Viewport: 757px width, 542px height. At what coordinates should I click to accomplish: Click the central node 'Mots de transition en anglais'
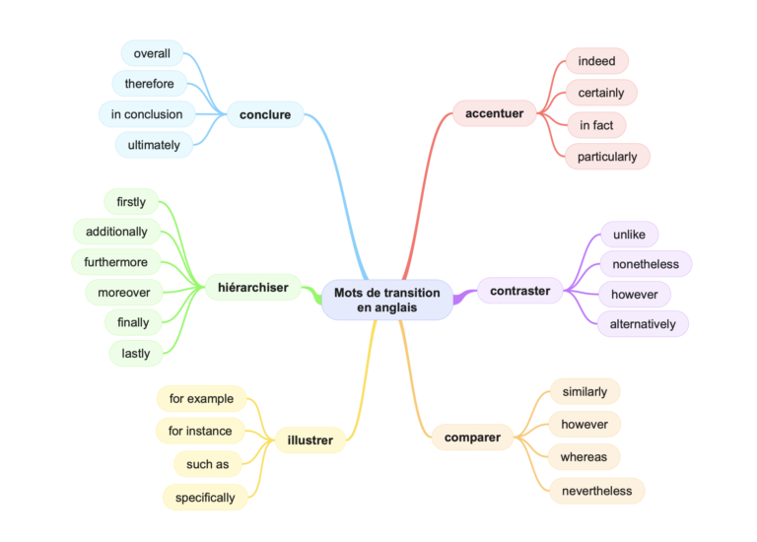[x=387, y=300]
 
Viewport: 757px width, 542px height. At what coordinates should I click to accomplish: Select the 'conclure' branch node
[x=265, y=114]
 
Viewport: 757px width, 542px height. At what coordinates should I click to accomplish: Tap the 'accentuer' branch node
[x=494, y=113]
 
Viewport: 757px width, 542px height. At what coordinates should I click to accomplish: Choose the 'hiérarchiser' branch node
[x=253, y=288]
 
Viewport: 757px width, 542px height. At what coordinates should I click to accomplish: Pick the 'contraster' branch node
[x=520, y=291]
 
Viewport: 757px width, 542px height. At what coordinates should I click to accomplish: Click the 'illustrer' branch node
[x=310, y=440]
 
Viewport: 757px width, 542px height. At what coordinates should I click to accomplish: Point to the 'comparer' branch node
[x=472, y=437]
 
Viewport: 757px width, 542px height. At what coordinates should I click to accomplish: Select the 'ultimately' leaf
[x=154, y=145]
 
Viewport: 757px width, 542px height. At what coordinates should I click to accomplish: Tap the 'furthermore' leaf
[x=116, y=262]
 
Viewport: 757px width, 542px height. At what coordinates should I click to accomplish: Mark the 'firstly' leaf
[x=131, y=202]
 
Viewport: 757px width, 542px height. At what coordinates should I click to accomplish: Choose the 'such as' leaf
[x=208, y=464]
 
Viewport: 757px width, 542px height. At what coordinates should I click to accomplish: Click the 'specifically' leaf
[x=205, y=498]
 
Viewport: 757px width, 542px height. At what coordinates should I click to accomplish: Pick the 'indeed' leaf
[x=596, y=61]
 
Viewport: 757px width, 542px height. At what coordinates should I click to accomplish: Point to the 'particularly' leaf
[x=607, y=157]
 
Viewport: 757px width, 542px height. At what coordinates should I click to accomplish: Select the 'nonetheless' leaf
[x=646, y=264]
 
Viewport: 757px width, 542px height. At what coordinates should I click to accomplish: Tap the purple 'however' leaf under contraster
[x=634, y=294]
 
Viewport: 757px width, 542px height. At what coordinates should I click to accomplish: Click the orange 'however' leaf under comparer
[x=585, y=425]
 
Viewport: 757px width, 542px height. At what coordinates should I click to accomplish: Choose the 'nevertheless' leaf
[x=596, y=491]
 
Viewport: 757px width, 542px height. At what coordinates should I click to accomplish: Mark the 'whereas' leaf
[x=584, y=457]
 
